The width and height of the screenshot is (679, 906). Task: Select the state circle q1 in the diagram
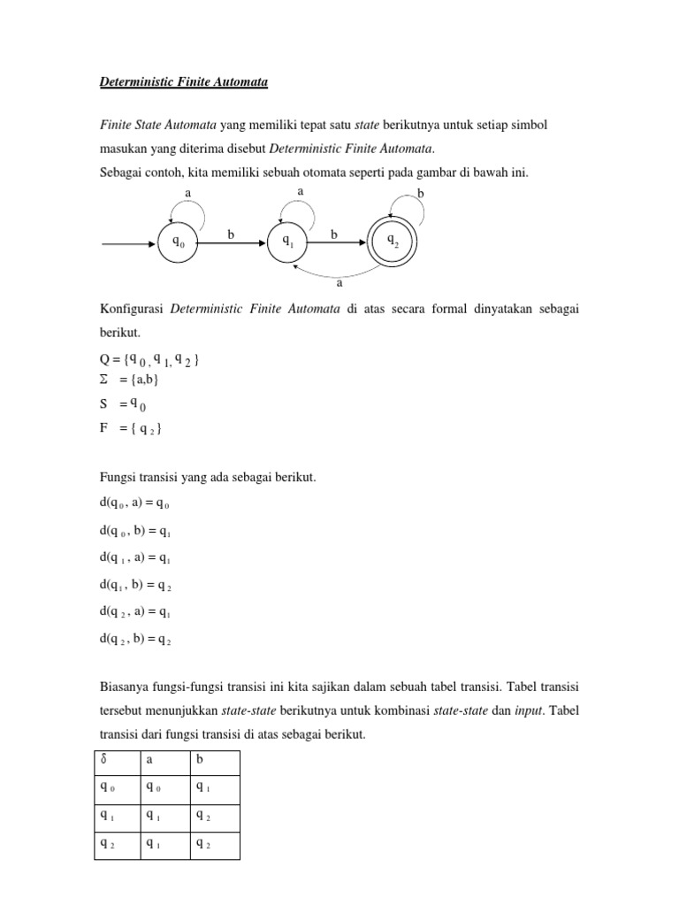coord(287,241)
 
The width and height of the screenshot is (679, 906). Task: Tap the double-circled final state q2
coord(392,241)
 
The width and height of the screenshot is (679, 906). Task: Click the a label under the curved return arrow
coord(339,284)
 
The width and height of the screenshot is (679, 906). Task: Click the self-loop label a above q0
coord(187,192)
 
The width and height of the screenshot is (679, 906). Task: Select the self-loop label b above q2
coord(420,192)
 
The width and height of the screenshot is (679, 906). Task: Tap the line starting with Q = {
coord(154,359)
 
